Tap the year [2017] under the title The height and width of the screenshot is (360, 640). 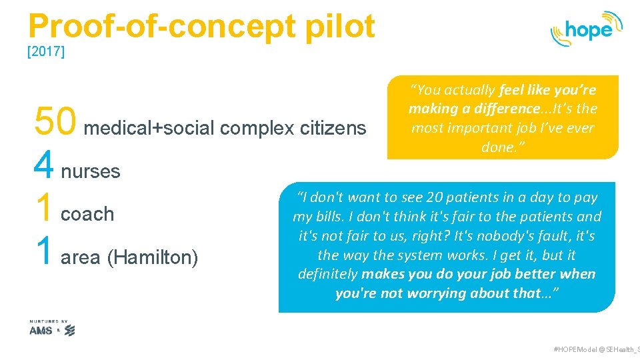point(45,52)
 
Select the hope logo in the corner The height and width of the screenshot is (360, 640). point(586,29)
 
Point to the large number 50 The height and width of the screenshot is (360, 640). point(56,122)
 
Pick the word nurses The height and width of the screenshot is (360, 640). point(91,171)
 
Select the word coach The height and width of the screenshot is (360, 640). point(87,214)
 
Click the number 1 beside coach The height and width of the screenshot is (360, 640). point(44,207)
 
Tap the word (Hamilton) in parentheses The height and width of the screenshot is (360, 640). point(153,257)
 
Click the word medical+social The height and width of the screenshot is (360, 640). point(149,127)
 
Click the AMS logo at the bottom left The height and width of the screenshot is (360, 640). point(41,330)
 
